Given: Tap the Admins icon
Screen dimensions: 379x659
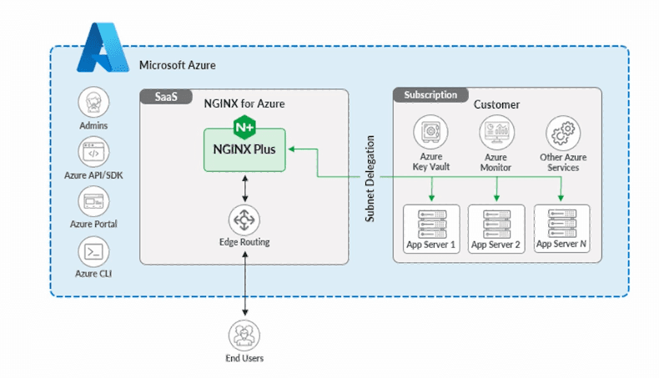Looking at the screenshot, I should coord(93,104).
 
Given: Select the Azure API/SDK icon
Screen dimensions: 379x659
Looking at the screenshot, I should coord(93,153).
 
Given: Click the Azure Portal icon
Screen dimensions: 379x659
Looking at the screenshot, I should coord(93,201).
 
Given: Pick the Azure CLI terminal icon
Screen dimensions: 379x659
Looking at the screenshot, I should coord(93,250).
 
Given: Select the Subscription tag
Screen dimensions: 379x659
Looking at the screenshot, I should coord(430,95).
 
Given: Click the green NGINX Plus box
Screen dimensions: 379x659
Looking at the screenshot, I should coord(244,150).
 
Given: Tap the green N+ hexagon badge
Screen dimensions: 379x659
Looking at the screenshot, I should coord(244,128).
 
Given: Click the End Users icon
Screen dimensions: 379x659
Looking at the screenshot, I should coord(244,336).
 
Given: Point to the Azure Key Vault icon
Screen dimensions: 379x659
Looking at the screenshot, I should coord(430,133).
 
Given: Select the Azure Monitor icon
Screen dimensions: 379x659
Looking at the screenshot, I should coord(496,133).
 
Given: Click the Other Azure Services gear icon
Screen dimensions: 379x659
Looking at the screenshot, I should coord(562,133).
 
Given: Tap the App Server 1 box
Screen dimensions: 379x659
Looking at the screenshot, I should coord(430,227).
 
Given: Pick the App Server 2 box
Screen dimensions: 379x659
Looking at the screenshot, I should coord(496,227).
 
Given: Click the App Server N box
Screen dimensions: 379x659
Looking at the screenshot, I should coord(562,227).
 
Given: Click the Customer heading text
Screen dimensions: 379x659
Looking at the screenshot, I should coord(496,104).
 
